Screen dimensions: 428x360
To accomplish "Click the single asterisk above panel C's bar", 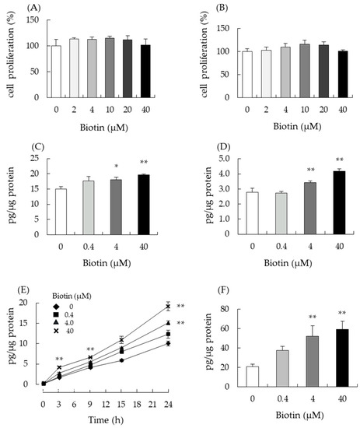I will [115, 165].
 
